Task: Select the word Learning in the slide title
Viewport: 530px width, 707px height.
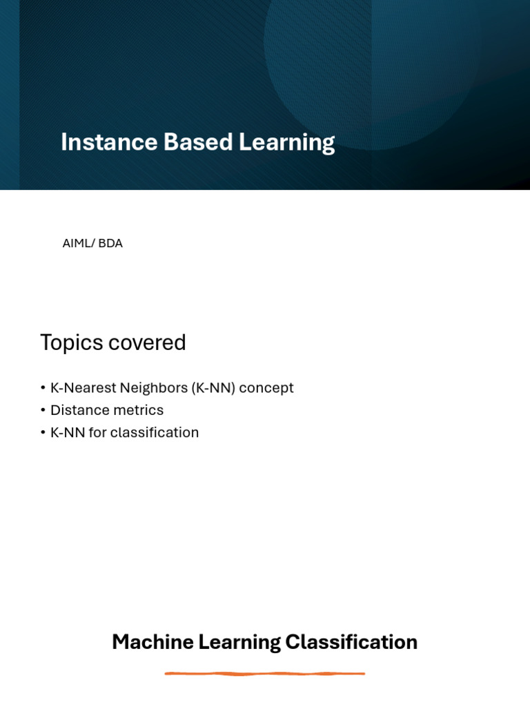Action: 286,142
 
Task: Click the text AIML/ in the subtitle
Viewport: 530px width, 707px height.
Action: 78,244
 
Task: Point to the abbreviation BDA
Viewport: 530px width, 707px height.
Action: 110,244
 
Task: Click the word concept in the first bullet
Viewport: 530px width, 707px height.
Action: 266,388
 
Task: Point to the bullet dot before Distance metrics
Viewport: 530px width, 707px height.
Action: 43,411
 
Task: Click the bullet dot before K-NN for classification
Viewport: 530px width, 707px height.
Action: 43,433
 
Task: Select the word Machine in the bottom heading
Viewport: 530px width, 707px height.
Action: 152,642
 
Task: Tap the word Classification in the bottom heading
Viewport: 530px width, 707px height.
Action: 351,642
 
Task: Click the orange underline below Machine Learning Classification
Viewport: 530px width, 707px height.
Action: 265,673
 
